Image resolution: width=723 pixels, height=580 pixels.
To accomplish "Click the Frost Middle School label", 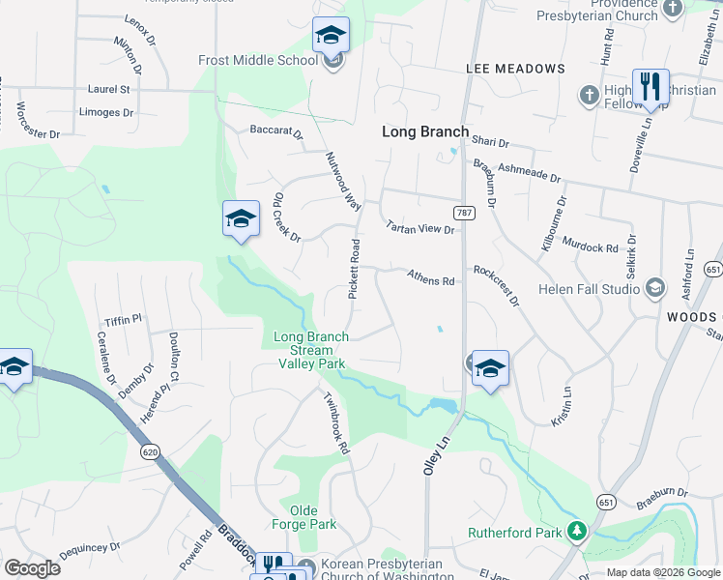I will tap(257, 60).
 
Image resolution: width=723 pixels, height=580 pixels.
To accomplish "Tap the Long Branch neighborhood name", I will tap(425, 131).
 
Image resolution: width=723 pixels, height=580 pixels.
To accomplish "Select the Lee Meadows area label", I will tap(515, 69).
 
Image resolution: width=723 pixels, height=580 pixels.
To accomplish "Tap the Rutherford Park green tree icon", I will tap(577, 531).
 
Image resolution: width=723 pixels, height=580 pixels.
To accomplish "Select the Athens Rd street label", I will tap(430, 278).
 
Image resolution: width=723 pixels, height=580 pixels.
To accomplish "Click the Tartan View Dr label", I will tap(419, 228).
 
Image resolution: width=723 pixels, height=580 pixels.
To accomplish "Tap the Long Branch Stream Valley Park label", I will tap(310, 351).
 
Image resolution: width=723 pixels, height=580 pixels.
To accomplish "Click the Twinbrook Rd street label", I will tap(335, 425).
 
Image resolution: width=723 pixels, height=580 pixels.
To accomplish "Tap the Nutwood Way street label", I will tap(343, 181).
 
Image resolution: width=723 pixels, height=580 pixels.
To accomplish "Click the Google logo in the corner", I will tap(32, 568).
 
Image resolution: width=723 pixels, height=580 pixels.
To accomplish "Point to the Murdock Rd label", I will tap(589, 246).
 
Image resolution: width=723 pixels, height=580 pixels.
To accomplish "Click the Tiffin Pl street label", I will tap(124, 318).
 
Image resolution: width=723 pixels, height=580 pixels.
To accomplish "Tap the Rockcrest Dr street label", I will tap(496, 286).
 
